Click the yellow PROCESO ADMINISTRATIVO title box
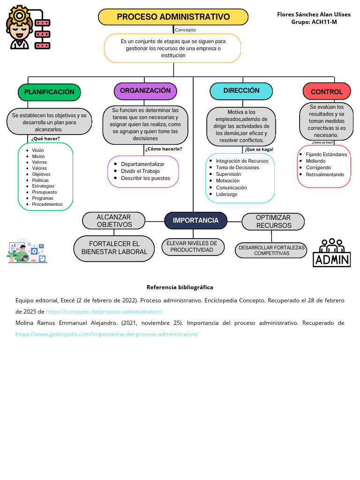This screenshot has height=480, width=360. pos(173,17)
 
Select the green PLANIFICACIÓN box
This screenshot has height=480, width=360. pos(49,92)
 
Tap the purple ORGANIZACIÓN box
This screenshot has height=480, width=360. pos(145,91)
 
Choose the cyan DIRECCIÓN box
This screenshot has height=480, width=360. pos(241,91)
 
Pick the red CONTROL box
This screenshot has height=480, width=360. pos(327,91)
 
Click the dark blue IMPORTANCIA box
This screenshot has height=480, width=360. pos(195,220)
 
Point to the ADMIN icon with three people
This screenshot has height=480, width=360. pos(332,253)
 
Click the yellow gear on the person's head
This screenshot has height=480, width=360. pos(19,15)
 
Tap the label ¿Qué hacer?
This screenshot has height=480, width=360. pos(45,139)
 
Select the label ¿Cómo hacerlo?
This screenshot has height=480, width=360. pos(164,149)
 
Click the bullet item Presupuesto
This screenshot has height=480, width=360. pos(45,192)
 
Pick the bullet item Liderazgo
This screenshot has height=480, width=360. pos(226,195)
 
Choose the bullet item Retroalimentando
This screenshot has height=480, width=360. pos(325,174)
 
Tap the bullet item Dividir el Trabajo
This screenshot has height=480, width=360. pos(140,171)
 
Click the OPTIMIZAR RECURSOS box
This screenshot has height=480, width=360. pos(273,222)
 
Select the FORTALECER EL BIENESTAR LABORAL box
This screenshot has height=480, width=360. pos(114,248)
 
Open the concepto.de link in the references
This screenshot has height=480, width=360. pos(105,312)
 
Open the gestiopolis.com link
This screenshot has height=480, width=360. pos(107,334)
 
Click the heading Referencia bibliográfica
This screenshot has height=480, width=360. pos(180,287)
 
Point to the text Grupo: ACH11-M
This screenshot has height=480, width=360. pos(314,22)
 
